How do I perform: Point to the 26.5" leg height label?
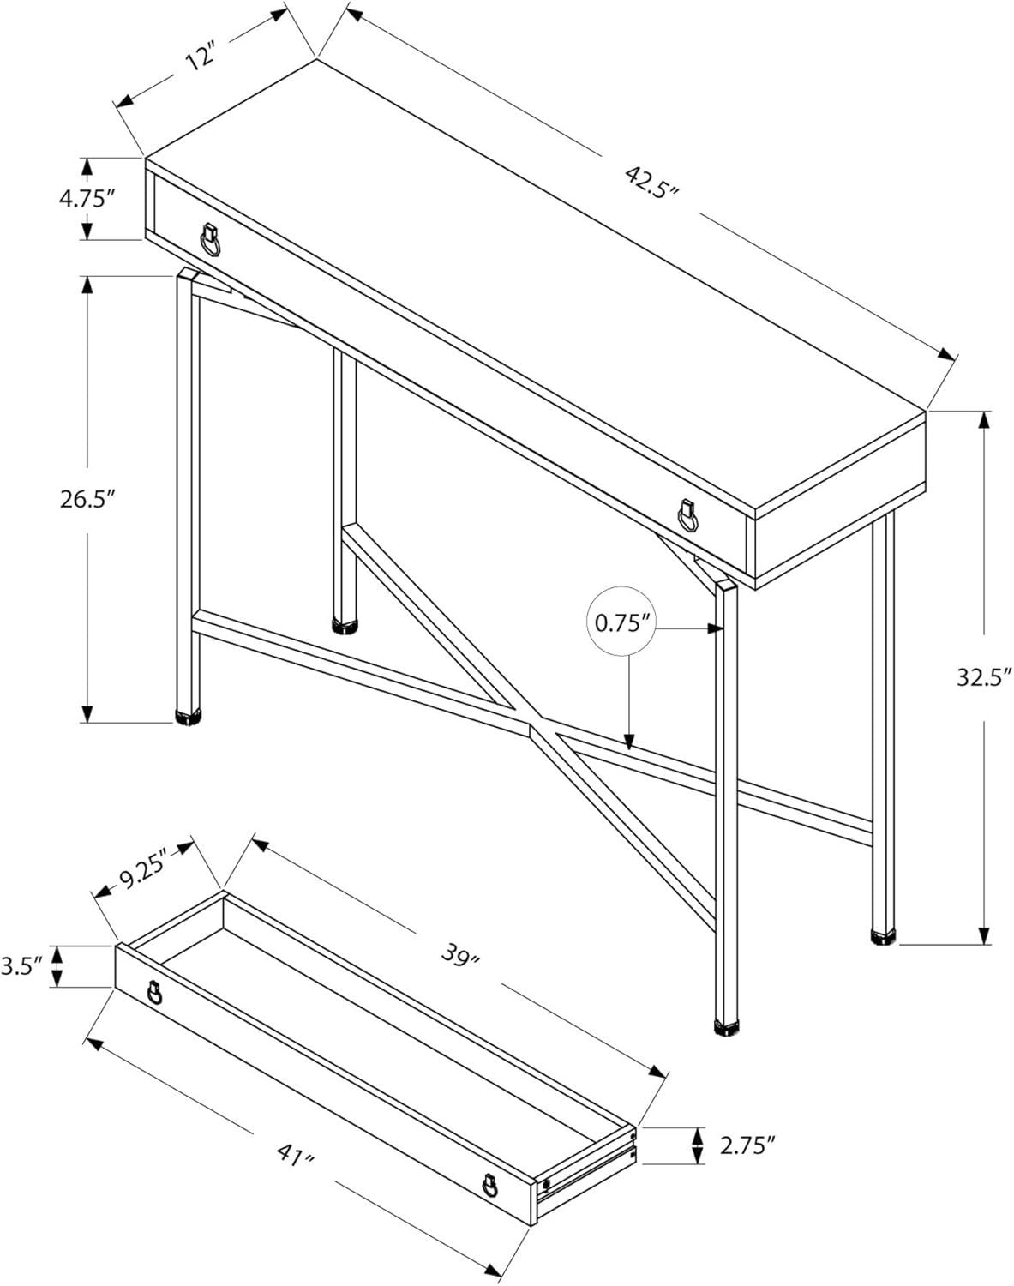pos(87,499)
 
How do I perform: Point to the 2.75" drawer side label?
pos(746,1143)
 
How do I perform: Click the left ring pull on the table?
pos(209,240)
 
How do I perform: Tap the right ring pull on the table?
pos(686,517)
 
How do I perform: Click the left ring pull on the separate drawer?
pos(154,993)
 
